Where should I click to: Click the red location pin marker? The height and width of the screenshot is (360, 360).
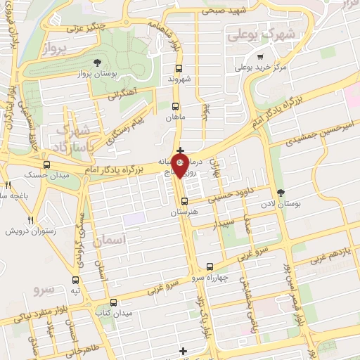tap(180, 166)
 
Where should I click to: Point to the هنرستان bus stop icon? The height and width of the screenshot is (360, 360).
tap(184, 200)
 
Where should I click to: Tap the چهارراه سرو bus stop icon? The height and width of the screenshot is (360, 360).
tap(210, 266)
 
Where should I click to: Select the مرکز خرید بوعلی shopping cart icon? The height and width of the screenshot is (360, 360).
tap(261, 57)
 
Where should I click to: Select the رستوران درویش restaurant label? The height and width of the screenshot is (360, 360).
tap(31, 231)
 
